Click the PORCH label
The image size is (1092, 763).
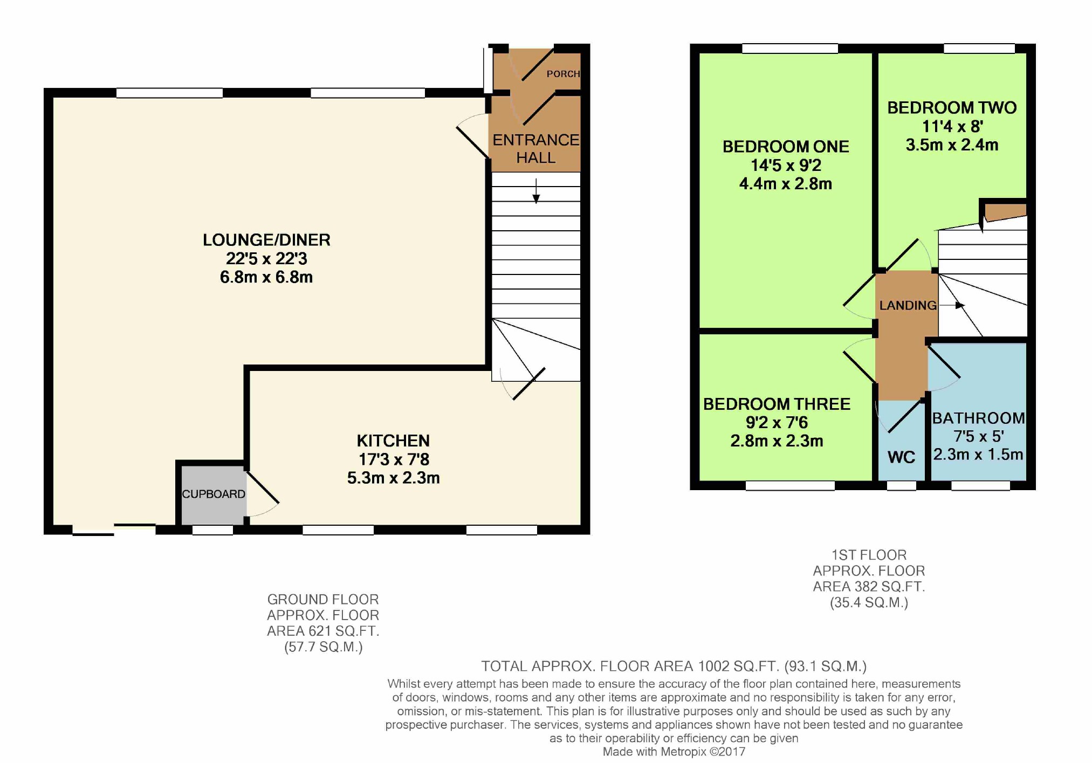coord(563,74)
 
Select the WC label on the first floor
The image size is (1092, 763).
coord(901,457)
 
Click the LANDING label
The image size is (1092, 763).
coord(908,305)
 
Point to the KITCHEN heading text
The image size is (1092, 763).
coord(393,441)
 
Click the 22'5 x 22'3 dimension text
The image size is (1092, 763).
coord(266,259)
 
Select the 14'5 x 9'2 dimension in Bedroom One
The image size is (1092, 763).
coord(786,165)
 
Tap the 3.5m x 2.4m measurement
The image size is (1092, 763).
coord(952,145)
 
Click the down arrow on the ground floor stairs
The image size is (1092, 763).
coord(536,191)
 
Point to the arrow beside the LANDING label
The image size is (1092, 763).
coord(952,305)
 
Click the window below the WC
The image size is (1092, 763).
coord(902,486)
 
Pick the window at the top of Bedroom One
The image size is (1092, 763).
coord(790,49)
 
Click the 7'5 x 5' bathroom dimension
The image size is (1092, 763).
coord(978,436)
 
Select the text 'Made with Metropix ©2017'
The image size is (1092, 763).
coord(674,752)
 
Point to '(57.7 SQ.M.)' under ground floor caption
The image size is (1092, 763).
coord(323,647)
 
